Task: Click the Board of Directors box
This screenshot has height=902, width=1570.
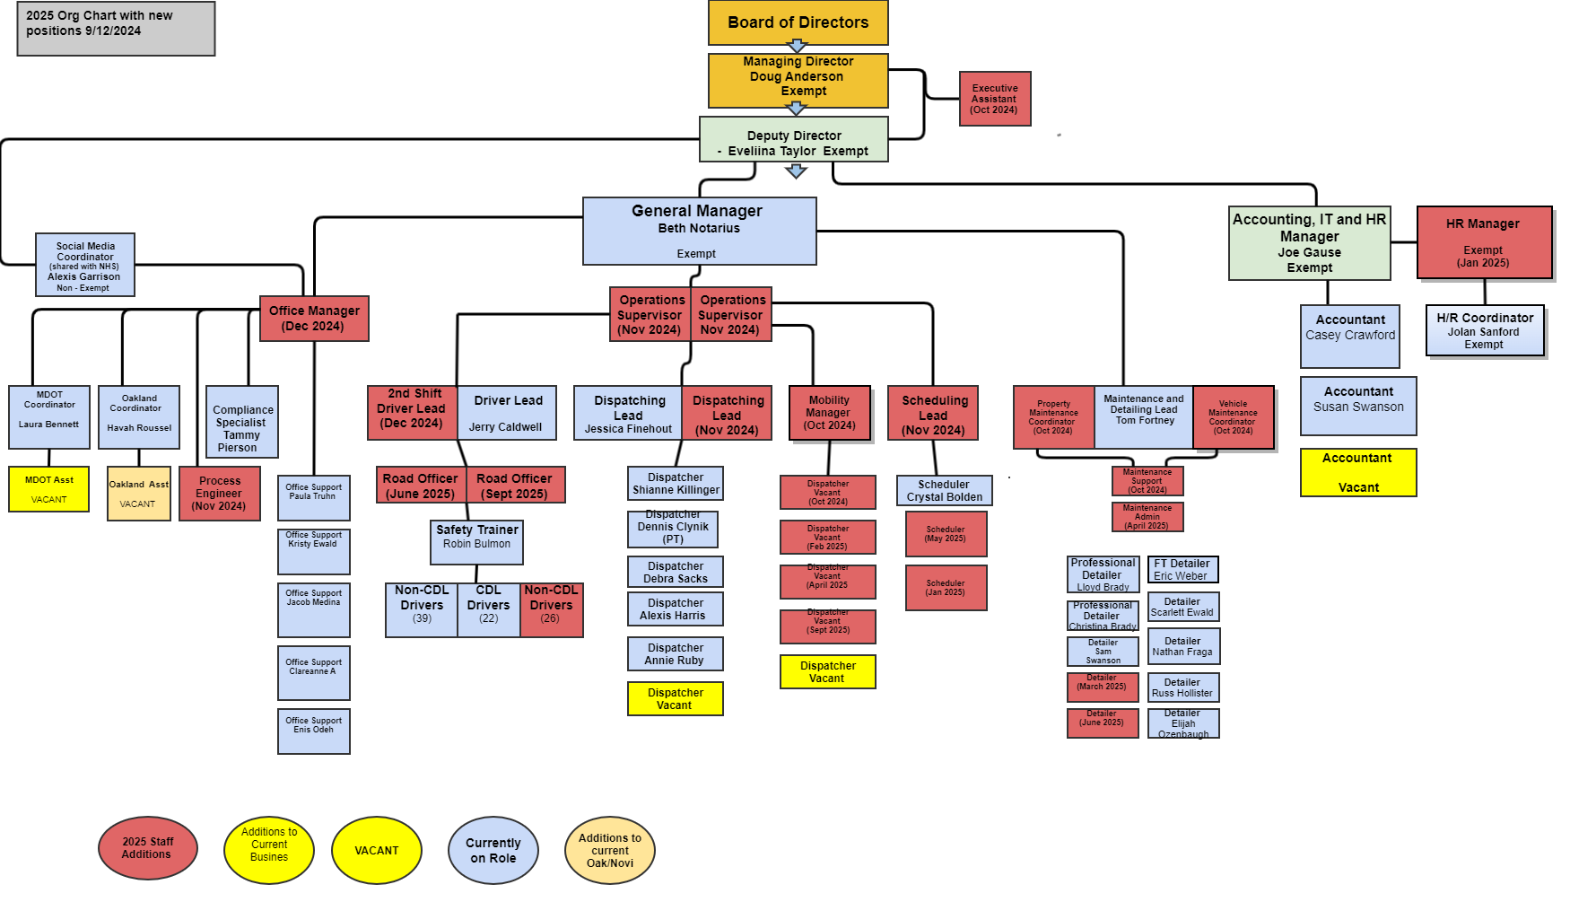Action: coord(798,22)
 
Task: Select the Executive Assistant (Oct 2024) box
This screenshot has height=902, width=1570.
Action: coord(994,99)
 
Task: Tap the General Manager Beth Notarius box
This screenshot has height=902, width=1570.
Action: coord(699,232)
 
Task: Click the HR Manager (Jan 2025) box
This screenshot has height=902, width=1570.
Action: coord(1484,242)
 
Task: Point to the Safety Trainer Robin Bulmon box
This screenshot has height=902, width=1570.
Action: coord(476,542)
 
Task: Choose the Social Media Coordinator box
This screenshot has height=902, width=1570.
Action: coord(85,265)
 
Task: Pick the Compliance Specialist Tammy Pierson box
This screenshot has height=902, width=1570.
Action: coord(242,422)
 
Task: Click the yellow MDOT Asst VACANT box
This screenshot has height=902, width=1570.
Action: coord(49,489)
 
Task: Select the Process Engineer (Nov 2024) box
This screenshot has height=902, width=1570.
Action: coord(220,494)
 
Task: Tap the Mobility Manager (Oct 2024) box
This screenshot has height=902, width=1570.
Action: coord(830,413)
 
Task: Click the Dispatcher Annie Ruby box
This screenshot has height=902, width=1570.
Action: coord(676,654)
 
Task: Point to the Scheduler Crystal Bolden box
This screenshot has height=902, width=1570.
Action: coord(944,490)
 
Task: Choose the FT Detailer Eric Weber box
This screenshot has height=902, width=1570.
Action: coord(1182,570)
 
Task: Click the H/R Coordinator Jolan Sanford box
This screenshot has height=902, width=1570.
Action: coord(1485,330)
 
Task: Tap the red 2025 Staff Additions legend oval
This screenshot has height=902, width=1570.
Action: coord(147,849)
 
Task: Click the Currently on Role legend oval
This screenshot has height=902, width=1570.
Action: coord(493,850)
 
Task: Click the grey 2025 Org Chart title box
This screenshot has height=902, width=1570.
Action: coord(116,29)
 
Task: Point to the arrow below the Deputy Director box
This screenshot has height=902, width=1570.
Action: coord(796,171)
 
